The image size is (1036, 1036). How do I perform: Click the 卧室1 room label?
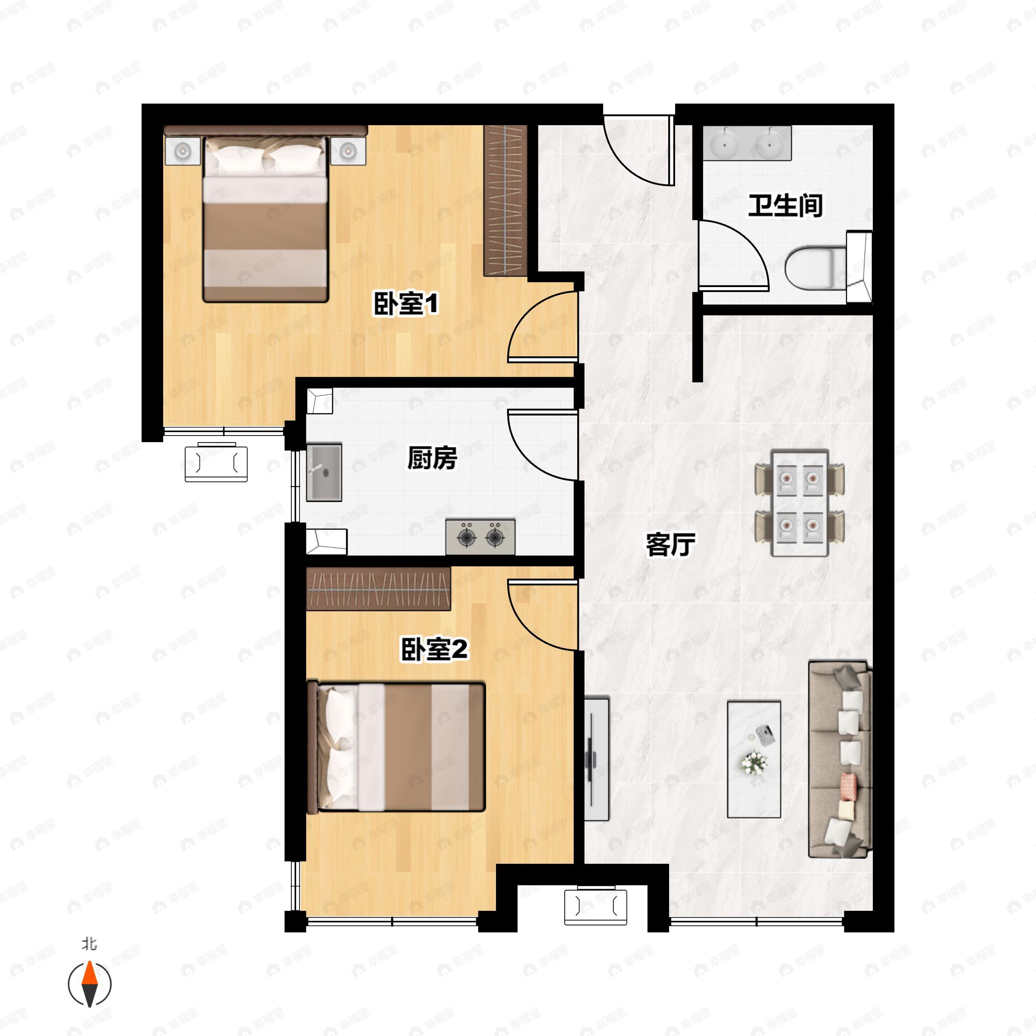406,303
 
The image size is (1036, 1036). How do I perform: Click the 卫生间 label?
786,205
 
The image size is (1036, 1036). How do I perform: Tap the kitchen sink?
324,472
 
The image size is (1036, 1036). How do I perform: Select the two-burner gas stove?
480,537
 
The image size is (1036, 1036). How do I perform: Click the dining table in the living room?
799,503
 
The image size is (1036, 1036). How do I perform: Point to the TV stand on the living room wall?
596,759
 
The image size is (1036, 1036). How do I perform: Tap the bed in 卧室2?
396,746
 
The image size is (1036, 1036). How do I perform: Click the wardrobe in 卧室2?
378,588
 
